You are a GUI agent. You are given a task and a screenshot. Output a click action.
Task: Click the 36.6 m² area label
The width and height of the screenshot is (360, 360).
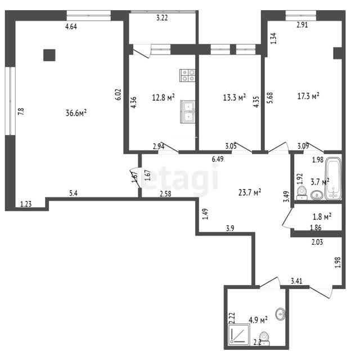click(x=76, y=112)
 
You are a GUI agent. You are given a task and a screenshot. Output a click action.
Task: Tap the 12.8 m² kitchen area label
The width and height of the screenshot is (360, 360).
click(x=163, y=97)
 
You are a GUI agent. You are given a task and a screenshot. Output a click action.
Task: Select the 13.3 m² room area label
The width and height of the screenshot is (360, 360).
click(x=235, y=97)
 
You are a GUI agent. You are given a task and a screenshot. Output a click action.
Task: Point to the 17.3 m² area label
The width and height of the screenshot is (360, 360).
click(x=308, y=96)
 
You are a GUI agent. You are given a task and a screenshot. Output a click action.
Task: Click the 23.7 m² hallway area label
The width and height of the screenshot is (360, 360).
click(x=250, y=192)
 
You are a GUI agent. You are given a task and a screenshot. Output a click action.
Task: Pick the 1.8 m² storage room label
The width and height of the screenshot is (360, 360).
click(x=322, y=216)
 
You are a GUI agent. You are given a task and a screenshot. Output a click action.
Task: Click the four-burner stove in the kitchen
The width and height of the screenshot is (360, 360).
click(x=187, y=75)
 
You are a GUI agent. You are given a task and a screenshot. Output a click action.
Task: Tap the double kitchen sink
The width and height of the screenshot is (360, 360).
click(x=187, y=112)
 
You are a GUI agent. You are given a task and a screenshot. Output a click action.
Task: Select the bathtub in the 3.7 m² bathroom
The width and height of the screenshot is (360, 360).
click(x=333, y=179)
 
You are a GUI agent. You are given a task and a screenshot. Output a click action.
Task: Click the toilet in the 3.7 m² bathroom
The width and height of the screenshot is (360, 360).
click(x=302, y=193)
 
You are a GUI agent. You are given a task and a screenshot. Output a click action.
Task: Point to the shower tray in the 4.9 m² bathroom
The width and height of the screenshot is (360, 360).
click(x=238, y=334)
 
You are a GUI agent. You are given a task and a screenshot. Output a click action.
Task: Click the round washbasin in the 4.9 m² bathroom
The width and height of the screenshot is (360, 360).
click(x=281, y=314)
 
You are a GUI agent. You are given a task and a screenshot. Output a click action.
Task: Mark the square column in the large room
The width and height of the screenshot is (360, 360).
click(x=49, y=55)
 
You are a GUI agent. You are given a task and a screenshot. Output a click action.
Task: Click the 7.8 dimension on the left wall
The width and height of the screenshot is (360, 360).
click(x=21, y=111)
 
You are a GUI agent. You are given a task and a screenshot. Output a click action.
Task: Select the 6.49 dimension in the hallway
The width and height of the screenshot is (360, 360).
click(x=218, y=159)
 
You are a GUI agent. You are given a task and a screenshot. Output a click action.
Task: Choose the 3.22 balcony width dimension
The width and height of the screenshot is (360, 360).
click(x=162, y=17)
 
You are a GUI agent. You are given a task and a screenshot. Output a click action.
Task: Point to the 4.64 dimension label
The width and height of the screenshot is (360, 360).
click(x=71, y=26)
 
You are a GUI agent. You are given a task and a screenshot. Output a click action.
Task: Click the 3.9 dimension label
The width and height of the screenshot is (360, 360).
click(x=230, y=228)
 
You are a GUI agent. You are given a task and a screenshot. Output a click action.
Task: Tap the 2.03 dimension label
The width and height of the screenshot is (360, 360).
click(x=317, y=242)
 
